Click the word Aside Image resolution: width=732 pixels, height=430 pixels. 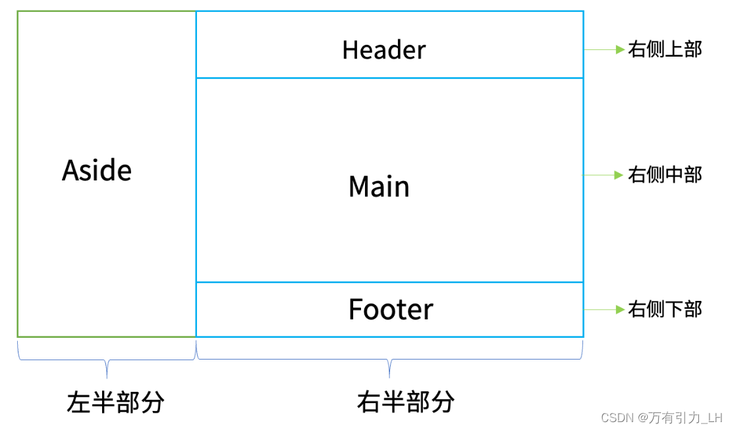pyautogui.click(x=97, y=171)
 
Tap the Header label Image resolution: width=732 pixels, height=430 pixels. pyautogui.click(x=384, y=50)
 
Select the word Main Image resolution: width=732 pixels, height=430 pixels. pyautogui.click(x=379, y=187)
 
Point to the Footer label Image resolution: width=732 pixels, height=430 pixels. pyautogui.click(x=391, y=309)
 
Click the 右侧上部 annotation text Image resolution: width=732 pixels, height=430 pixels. pyautogui.click(x=665, y=49)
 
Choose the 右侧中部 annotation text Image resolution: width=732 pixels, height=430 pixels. pyautogui.click(x=665, y=175)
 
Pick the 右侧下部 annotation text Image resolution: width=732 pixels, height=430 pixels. pyautogui.click(x=665, y=309)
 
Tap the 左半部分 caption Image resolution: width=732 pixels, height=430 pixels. pyautogui.click(x=115, y=402)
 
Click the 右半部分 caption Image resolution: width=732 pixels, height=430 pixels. pyautogui.click(x=406, y=401)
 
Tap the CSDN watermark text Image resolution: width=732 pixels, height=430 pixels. pyautogui.click(x=616, y=418)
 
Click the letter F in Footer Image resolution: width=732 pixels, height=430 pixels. pyautogui.click(x=355, y=309)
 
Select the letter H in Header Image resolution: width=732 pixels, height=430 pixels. pyautogui.click(x=350, y=50)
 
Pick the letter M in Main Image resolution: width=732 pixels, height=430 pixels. pyautogui.click(x=360, y=187)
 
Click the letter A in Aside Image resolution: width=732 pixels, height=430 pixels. pyautogui.click(x=70, y=171)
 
